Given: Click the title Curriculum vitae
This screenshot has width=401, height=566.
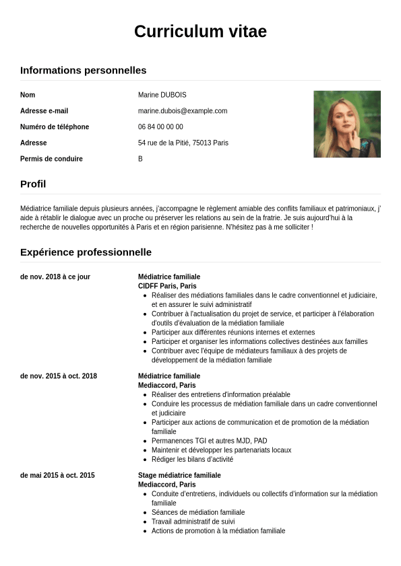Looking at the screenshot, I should click(200, 32).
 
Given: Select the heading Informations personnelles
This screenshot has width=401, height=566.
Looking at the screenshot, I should click(83, 70).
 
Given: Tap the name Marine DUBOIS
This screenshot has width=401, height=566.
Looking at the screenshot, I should click(162, 95).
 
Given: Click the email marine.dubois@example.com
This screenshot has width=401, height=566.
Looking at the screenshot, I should click(183, 111).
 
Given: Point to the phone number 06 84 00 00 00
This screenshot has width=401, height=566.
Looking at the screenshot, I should click(160, 127).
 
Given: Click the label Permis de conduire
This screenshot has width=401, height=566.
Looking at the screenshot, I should click(51, 159).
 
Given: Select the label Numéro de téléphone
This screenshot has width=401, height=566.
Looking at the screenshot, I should click(55, 127).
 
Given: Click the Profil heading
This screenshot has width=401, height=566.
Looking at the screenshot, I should click(33, 184).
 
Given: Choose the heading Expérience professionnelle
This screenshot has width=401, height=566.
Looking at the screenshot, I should click(86, 252).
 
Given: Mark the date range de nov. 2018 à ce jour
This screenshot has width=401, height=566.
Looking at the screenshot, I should click(55, 277).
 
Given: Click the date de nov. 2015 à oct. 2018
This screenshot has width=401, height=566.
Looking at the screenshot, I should click(59, 376).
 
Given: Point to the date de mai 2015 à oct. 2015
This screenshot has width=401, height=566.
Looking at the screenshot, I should click(57, 475).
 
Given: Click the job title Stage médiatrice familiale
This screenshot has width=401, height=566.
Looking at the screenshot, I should click(179, 475).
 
